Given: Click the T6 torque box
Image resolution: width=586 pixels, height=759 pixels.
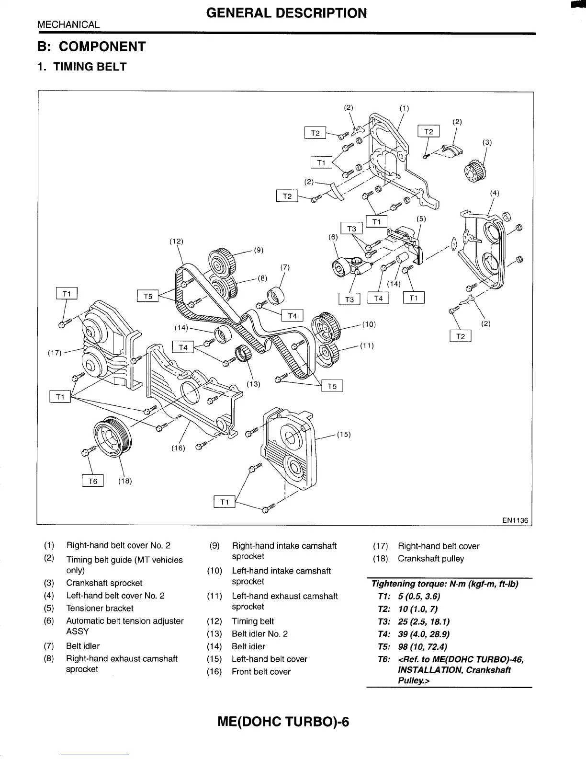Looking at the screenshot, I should [x=93, y=481].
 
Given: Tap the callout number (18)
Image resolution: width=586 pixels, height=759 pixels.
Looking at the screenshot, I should [x=124, y=481].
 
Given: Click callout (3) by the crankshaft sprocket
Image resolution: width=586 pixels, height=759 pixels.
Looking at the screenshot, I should [x=487, y=142].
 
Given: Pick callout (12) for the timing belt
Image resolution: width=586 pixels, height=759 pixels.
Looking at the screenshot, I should [x=177, y=241].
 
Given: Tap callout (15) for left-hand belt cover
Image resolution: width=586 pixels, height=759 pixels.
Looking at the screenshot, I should [x=344, y=435].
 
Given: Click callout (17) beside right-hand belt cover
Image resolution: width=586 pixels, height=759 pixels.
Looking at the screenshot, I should [x=55, y=353].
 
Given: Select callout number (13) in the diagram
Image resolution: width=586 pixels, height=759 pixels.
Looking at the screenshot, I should [x=253, y=384].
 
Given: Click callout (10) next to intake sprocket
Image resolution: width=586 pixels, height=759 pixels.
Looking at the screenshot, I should [x=369, y=324].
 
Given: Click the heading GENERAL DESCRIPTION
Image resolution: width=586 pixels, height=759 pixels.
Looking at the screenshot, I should [x=287, y=13].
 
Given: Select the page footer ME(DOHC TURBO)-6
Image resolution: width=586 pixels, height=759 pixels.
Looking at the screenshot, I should [x=283, y=721].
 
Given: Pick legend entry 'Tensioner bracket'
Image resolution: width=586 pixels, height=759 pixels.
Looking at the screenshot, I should [x=100, y=609].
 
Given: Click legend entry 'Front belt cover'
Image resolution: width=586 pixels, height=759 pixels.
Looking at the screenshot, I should [x=261, y=672].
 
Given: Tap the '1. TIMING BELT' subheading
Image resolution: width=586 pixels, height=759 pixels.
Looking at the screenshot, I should [x=82, y=67].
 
